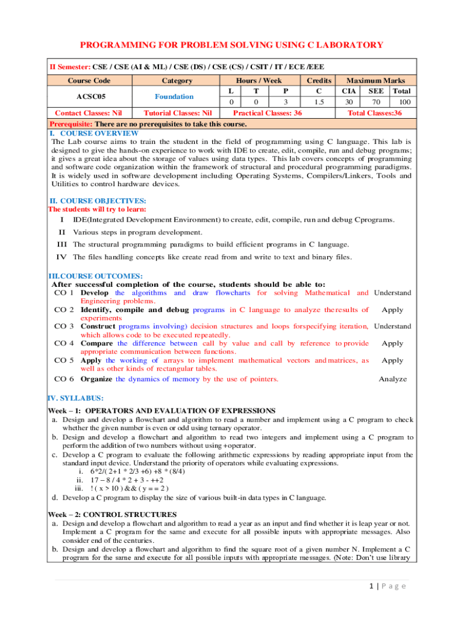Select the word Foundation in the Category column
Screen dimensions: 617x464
174,96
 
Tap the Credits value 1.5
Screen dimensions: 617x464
319,102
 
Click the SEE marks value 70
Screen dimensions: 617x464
375,102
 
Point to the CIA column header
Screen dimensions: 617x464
349,91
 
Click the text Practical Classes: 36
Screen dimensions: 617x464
267,113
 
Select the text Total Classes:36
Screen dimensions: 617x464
375,113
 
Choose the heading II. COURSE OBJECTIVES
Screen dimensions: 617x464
97,201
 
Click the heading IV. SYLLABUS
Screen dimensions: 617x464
75,398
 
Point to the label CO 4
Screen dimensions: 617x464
64,343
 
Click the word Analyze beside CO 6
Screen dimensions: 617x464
392,379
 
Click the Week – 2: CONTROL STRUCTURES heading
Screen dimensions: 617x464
112,515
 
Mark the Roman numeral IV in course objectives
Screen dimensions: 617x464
61,257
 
